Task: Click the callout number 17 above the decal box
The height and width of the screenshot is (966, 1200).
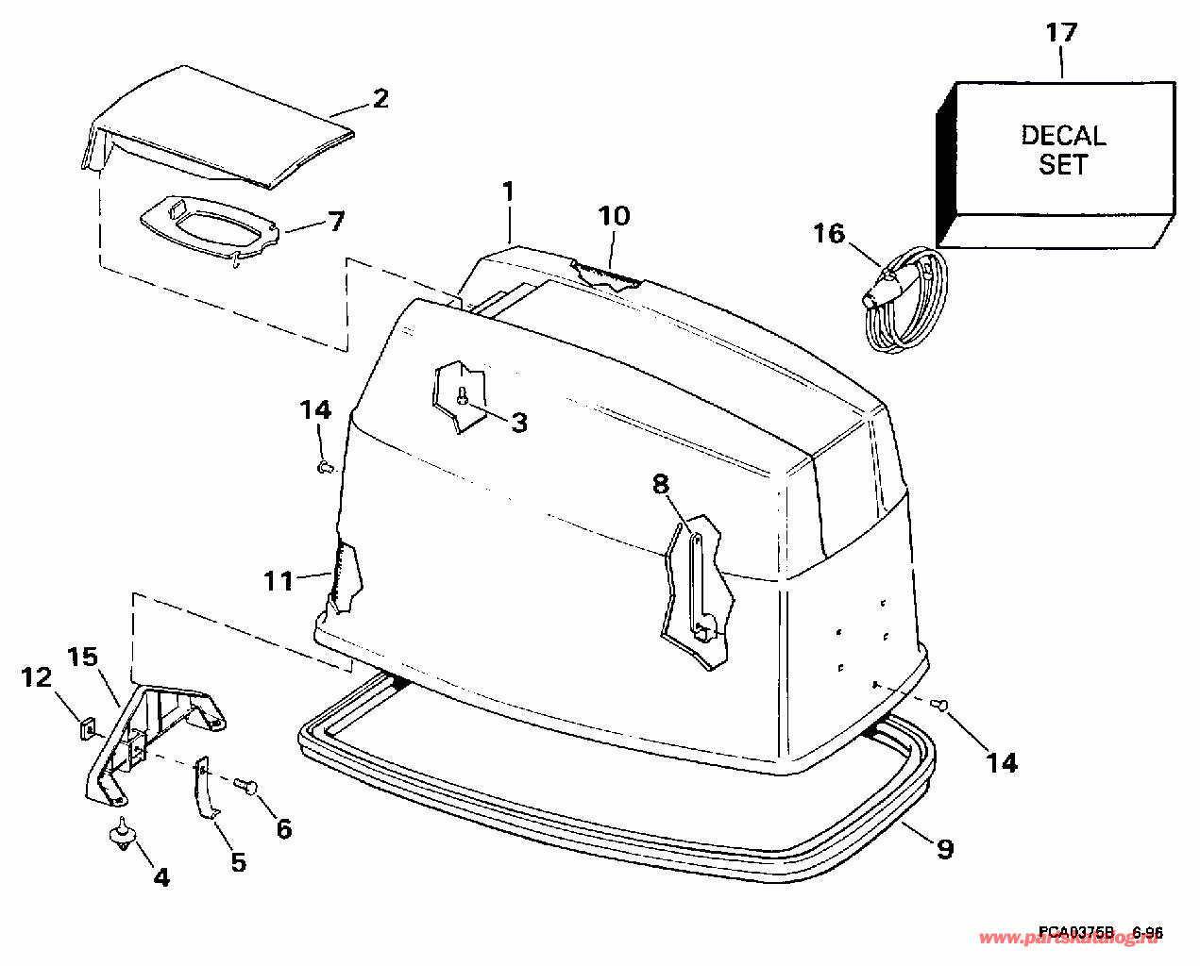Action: click(1061, 33)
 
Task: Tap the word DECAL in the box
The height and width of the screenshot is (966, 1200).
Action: click(1063, 135)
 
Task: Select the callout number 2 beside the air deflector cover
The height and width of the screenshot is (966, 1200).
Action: click(380, 99)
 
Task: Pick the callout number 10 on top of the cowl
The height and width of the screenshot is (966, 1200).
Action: click(614, 216)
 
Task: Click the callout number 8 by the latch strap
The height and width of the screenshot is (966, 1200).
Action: click(660, 484)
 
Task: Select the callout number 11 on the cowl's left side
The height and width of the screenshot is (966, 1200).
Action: click(279, 580)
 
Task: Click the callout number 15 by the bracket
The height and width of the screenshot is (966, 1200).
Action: click(83, 654)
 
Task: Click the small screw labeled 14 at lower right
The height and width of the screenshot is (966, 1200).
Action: click(939, 703)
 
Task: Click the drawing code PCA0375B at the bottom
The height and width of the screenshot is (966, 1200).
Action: click(1075, 932)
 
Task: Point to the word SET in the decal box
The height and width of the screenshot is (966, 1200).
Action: click(1063, 165)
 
